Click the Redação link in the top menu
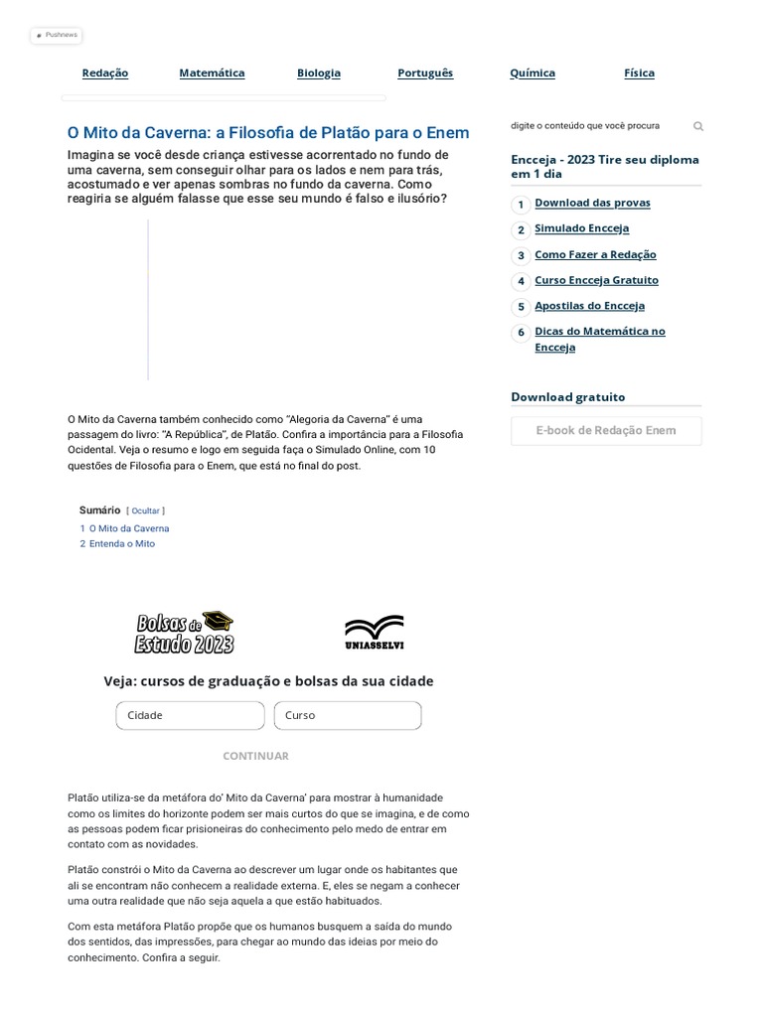[104, 73]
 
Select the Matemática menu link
[212, 73]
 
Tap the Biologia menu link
[318, 73]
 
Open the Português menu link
[425, 73]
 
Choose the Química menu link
[533, 73]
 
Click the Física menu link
[639, 73]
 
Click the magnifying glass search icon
[698, 127]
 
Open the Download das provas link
[592, 203]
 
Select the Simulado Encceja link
[581, 228]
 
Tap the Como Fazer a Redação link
[595, 254]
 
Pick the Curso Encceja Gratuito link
[596, 280]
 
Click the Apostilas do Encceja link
[589, 306]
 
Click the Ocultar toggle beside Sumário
[146, 510]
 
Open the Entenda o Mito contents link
[121, 544]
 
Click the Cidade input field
[190, 715]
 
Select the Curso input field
[347, 715]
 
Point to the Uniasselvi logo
[374, 633]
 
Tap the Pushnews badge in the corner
[56, 35]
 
